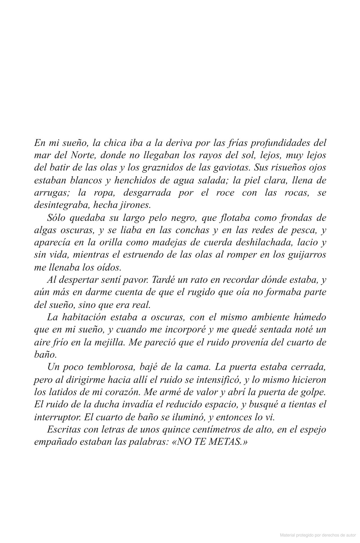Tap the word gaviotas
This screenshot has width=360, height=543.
click(230, 168)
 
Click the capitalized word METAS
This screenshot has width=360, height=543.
click(225, 442)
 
